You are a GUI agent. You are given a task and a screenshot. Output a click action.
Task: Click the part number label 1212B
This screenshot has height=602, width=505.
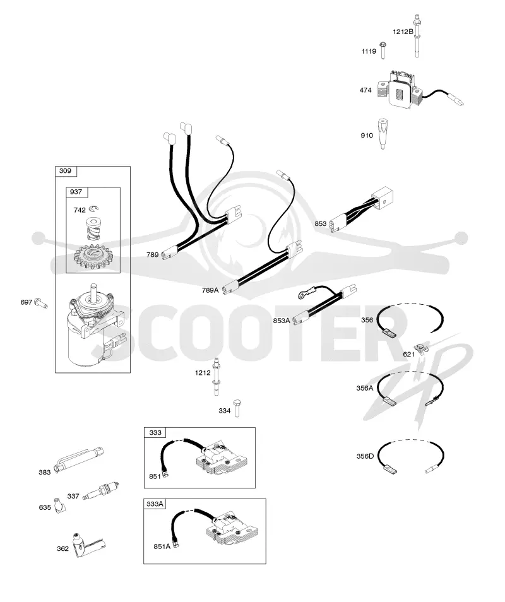[x=403, y=32]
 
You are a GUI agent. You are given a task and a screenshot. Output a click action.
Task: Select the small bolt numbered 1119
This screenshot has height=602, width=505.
[x=383, y=50]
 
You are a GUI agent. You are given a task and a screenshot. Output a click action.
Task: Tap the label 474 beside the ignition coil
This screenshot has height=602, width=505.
[x=365, y=90]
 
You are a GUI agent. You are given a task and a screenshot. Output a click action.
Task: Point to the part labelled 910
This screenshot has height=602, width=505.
[x=383, y=133]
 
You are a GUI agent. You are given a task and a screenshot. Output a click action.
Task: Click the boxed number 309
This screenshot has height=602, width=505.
[x=65, y=171]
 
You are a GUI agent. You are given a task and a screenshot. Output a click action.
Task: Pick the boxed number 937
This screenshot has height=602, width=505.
[x=76, y=192]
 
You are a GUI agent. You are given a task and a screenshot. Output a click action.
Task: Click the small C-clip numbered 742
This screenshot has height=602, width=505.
[x=93, y=209]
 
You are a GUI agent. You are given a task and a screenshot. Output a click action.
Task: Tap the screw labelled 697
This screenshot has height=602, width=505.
[x=40, y=303]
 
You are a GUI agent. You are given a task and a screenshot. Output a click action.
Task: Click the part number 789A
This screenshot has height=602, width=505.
[x=210, y=291]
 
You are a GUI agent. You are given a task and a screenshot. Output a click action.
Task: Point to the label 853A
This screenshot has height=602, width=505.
[x=282, y=321]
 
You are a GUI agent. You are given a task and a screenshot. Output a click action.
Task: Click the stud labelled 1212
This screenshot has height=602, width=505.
[x=217, y=377]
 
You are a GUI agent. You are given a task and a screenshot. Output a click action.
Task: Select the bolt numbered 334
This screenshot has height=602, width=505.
[x=237, y=408]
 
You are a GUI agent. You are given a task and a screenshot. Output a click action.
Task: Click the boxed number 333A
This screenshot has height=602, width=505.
[x=155, y=504]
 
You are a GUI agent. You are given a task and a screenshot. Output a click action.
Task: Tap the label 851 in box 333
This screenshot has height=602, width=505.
[x=155, y=476]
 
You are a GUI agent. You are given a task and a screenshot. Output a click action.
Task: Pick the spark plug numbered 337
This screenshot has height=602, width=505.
[x=102, y=491]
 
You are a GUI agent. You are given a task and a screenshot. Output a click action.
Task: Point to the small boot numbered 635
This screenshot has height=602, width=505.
[x=59, y=505]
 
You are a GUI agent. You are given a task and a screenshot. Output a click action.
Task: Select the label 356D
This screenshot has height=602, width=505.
[x=365, y=456]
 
